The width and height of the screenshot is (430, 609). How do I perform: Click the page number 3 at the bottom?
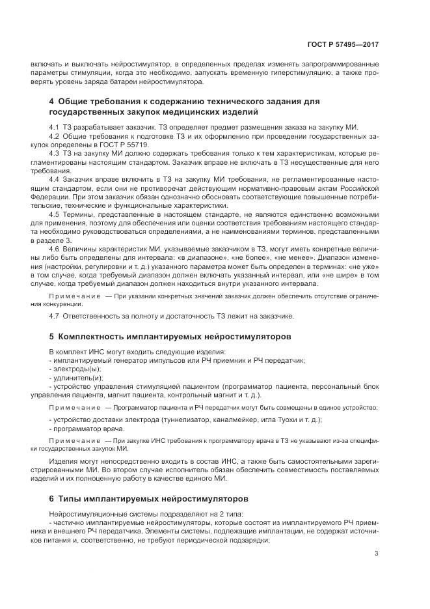377,554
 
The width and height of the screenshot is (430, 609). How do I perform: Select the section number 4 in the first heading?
52,102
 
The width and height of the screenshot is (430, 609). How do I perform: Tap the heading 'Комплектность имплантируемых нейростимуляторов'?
174,337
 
